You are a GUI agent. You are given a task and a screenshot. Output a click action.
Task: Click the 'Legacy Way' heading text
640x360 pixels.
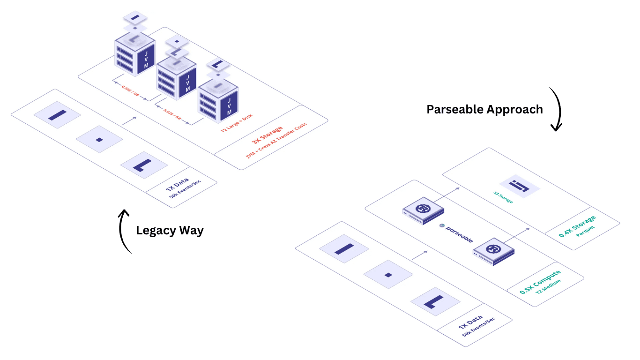[x=170, y=231]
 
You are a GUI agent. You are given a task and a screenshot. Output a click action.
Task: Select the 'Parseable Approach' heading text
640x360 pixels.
[x=484, y=109]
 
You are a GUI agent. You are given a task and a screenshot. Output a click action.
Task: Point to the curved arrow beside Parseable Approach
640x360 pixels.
[x=556, y=109]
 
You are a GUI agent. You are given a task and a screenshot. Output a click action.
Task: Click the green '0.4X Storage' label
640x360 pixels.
[x=577, y=226]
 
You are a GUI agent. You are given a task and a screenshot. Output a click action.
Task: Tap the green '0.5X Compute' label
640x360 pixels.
[x=540, y=282]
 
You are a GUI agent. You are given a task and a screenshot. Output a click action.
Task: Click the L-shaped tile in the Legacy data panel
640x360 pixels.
[x=144, y=165]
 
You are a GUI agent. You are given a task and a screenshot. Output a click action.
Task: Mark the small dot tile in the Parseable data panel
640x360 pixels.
[x=388, y=274]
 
